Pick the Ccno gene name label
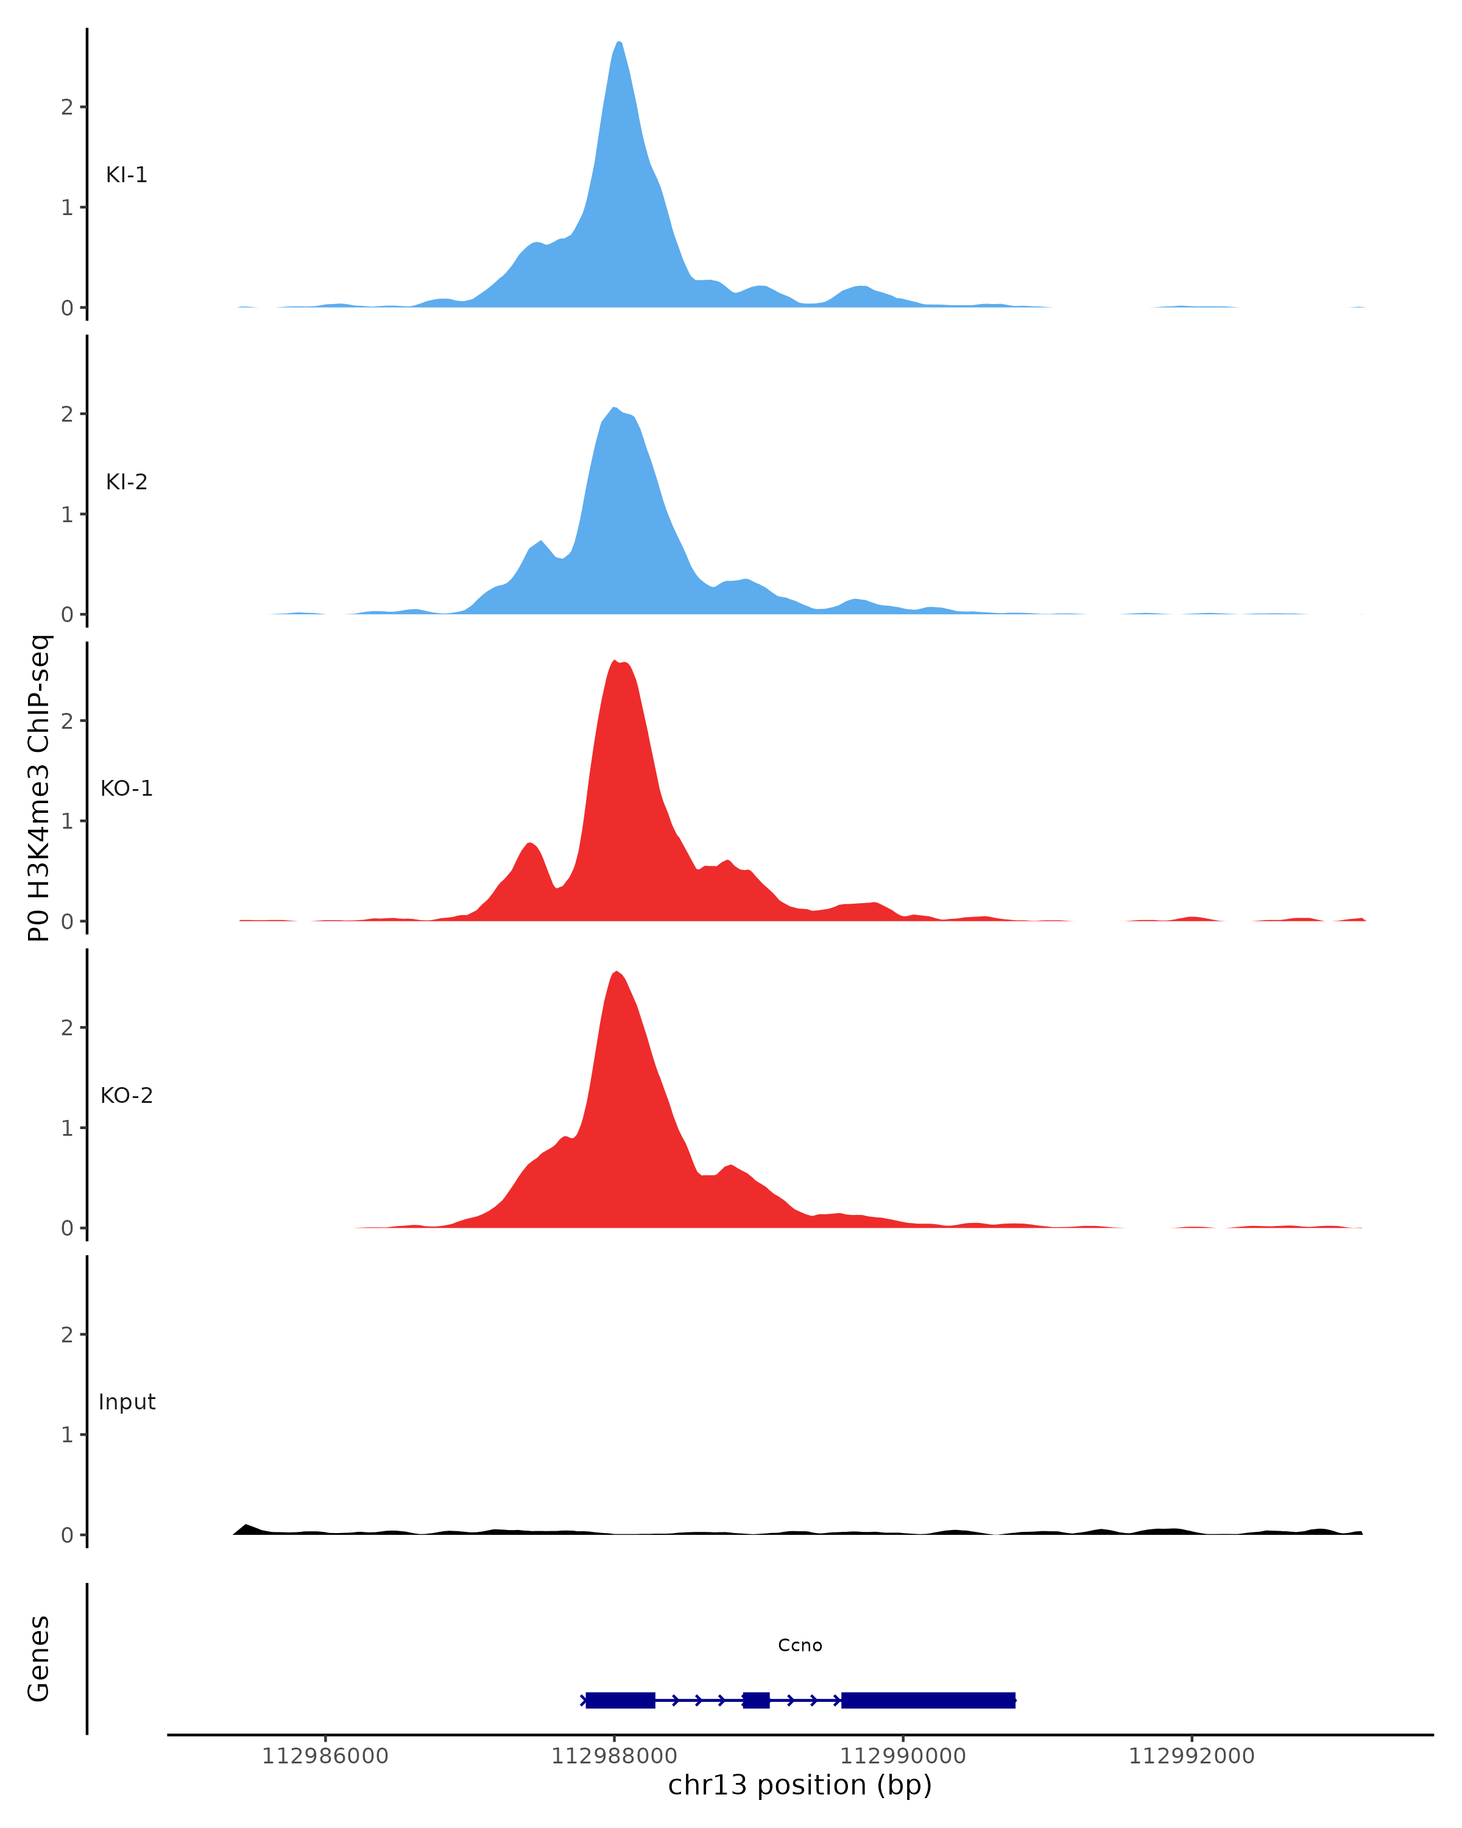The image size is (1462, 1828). coord(799,1646)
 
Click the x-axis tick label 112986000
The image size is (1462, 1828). coord(325,1756)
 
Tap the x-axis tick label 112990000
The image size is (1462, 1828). coord(903,1756)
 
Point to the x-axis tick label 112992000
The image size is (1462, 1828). coord(1191,1756)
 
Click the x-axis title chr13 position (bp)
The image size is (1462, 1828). coord(799,1785)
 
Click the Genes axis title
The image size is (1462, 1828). coord(39,1659)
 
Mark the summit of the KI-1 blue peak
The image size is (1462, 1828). coord(619,43)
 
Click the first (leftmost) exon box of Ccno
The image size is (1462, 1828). coord(620,1700)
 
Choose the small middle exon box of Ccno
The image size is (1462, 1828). coord(756,1700)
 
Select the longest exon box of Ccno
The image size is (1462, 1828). coord(928,1700)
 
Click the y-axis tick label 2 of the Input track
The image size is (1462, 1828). coord(67,1334)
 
